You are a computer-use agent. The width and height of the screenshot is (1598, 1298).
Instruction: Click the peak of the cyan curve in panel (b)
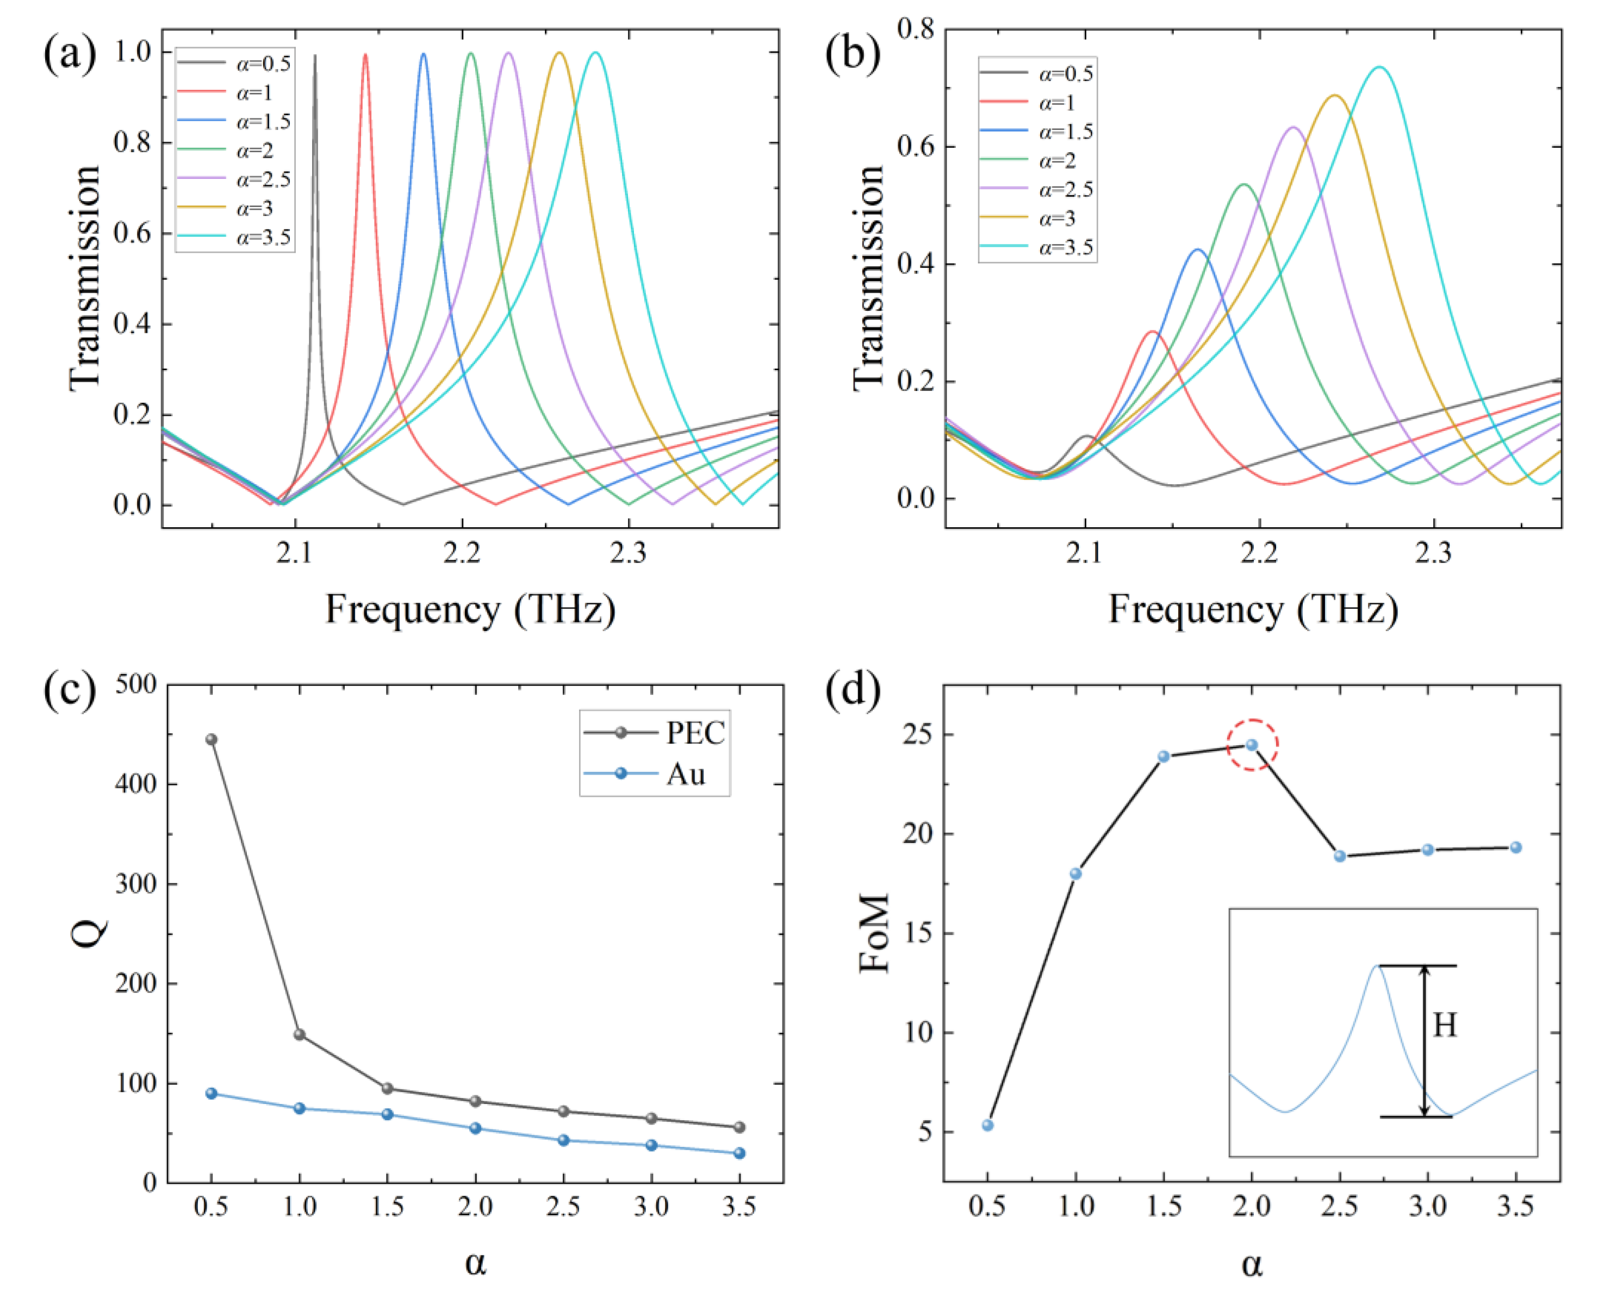tap(1379, 67)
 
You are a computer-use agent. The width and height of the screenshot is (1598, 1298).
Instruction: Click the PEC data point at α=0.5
tap(212, 739)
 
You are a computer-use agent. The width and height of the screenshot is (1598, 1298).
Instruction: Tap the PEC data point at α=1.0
tap(300, 1034)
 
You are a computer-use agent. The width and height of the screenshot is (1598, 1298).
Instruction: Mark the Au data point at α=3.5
tap(739, 1153)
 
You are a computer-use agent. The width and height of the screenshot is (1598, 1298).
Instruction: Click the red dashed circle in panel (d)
tap(1253, 745)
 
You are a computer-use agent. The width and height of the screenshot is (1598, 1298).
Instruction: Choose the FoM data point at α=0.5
tap(988, 1125)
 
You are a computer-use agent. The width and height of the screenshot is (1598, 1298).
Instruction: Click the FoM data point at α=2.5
tap(1340, 856)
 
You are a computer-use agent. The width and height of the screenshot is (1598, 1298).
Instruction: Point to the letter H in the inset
tap(1445, 1025)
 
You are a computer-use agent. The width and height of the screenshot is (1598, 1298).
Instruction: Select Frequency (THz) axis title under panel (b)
tap(1253, 609)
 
